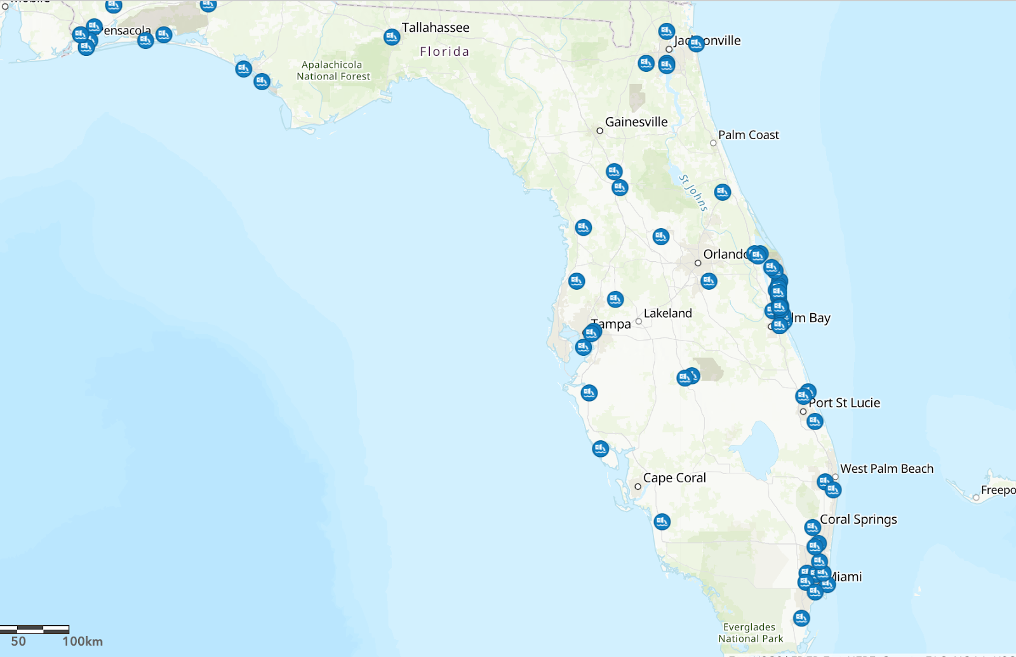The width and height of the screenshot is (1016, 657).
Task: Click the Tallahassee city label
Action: click(435, 28)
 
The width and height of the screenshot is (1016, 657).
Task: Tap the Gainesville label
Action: click(636, 122)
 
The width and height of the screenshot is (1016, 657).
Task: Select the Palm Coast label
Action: click(748, 135)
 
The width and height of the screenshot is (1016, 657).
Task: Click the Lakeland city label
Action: click(667, 313)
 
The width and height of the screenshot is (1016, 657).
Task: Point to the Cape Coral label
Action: click(674, 478)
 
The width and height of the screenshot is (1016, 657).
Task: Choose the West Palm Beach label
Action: click(886, 469)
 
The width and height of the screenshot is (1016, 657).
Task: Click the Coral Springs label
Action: click(858, 520)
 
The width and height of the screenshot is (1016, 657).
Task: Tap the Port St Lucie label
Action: click(844, 403)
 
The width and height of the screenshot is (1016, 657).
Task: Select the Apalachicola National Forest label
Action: click(333, 71)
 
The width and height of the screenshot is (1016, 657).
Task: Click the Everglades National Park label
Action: click(750, 633)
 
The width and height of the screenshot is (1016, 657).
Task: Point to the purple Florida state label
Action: click(444, 51)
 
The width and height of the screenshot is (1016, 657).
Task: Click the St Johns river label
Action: click(693, 193)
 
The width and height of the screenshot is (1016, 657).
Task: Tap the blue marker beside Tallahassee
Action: click(392, 37)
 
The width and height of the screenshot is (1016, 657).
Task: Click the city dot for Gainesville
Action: click(599, 131)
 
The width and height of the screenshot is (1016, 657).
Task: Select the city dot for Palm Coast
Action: click(713, 143)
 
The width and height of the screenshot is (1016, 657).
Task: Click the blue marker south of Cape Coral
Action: click(662, 522)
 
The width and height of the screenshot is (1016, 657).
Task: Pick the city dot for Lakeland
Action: click(639, 322)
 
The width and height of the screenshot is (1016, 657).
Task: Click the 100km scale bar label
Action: click(83, 642)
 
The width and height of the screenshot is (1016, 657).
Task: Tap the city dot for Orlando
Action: click(698, 263)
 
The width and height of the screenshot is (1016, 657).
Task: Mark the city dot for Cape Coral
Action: click(638, 487)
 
